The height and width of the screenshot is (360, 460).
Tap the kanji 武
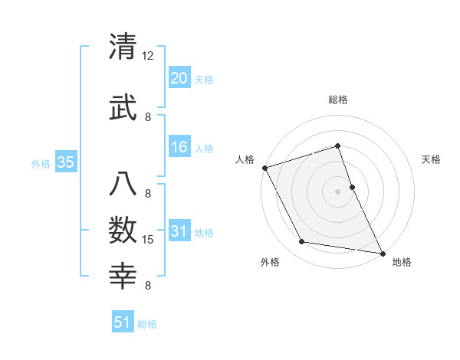click(x=123, y=106)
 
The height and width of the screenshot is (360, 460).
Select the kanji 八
click(x=123, y=183)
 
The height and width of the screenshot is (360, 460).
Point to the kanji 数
click(x=123, y=229)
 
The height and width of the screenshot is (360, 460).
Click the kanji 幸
click(x=123, y=275)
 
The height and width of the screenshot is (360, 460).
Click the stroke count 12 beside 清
click(x=148, y=56)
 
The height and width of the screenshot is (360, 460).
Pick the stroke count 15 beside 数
click(x=148, y=240)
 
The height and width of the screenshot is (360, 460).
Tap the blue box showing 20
click(x=179, y=78)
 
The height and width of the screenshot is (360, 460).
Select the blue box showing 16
click(x=179, y=147)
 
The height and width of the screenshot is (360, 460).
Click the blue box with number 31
click(x=179, y=231)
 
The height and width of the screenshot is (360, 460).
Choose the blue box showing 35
click(x=65, y=162)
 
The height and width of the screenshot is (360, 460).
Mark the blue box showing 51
click(x=123, y=322)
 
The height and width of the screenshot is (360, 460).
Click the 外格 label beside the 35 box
click(x=41, y=163)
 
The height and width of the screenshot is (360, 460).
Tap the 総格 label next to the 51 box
click(x=147, y=324)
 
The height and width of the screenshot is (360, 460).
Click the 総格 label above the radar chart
click(x=337, y=100)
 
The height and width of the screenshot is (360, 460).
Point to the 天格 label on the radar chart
click(x=432, y=159)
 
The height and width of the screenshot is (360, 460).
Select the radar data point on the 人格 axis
click(x=264, y=167)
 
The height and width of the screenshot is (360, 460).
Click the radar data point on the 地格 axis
click(x=382, y=253)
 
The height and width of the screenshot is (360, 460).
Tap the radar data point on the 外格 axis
click(x=301, y=243)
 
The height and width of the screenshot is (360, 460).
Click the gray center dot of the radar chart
click(x=337, y=191)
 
